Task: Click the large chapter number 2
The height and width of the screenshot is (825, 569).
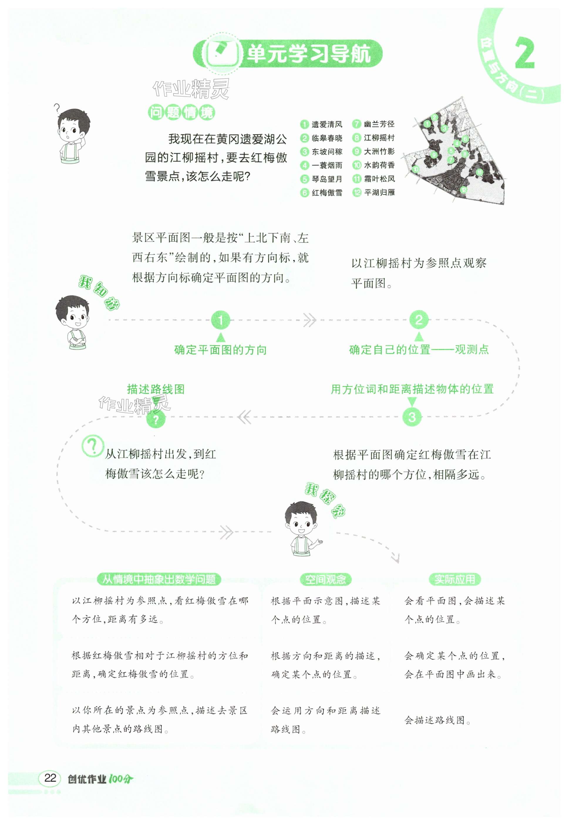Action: pos(525,53)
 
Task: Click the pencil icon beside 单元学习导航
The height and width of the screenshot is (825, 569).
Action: pos(220,54)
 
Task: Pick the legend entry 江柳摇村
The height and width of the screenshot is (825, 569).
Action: pos(374,138)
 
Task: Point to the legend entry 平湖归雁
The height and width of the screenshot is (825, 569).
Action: pos(374,193)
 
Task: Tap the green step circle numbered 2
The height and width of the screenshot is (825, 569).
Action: pos(419,320)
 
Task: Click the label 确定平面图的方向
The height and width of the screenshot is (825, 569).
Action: pos(220,350)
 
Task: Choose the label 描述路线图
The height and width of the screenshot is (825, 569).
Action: pos(156,389)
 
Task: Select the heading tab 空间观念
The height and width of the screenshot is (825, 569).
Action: pos(325,579)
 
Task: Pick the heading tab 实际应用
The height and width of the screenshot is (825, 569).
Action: pos(454,579)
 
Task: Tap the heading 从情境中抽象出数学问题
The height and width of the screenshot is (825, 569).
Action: pos(159,579)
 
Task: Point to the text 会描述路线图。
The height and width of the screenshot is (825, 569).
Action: pos(437,720)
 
